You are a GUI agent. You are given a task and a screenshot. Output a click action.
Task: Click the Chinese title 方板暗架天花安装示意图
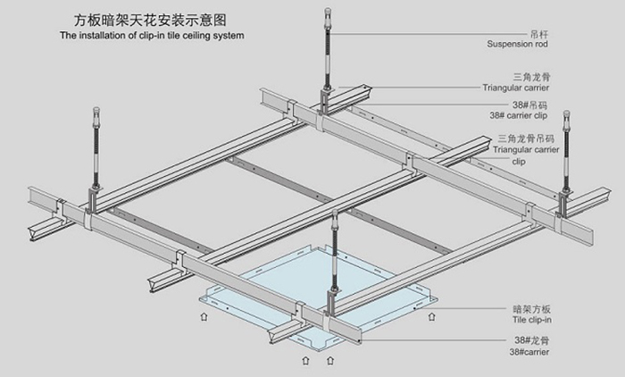[x=149, y=19]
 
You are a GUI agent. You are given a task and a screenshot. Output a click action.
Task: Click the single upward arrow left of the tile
[x=204, y=315]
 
